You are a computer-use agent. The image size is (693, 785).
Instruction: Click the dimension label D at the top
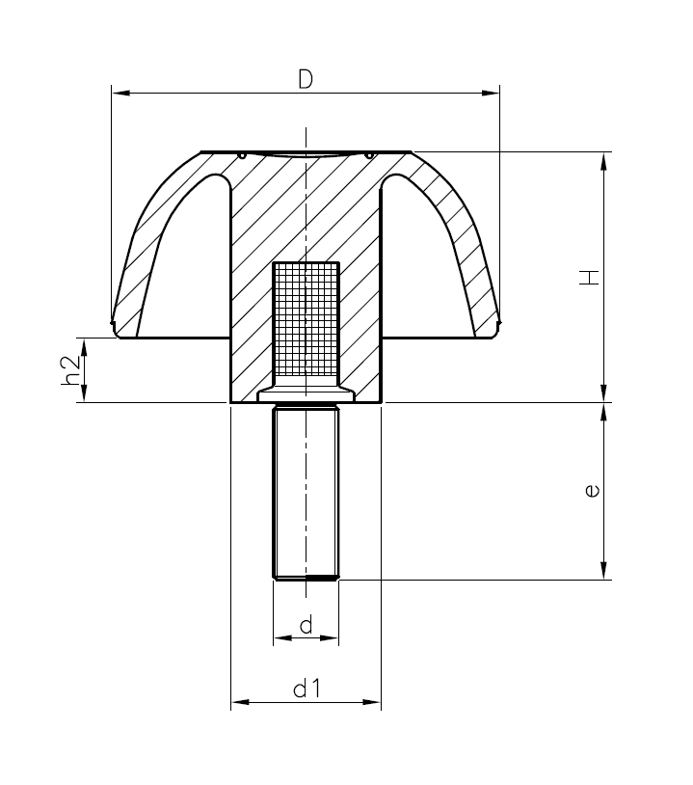click(305, 80)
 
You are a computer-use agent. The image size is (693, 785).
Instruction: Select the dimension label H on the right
click(590, 278)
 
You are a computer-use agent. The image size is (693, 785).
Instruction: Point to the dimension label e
click(591, 491)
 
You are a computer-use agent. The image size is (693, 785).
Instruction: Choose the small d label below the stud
click(306, 625)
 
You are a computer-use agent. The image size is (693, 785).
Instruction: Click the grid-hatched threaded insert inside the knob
click(306, 320)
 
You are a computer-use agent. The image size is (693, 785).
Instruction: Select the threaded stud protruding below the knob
click(306, 492)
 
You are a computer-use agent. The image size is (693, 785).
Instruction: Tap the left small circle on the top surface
click(243, 154)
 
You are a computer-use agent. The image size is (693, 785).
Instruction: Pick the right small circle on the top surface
click(369, 154)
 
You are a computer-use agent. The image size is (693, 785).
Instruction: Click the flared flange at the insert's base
click(306, 393)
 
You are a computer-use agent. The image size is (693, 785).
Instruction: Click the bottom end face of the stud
click(306, 579)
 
